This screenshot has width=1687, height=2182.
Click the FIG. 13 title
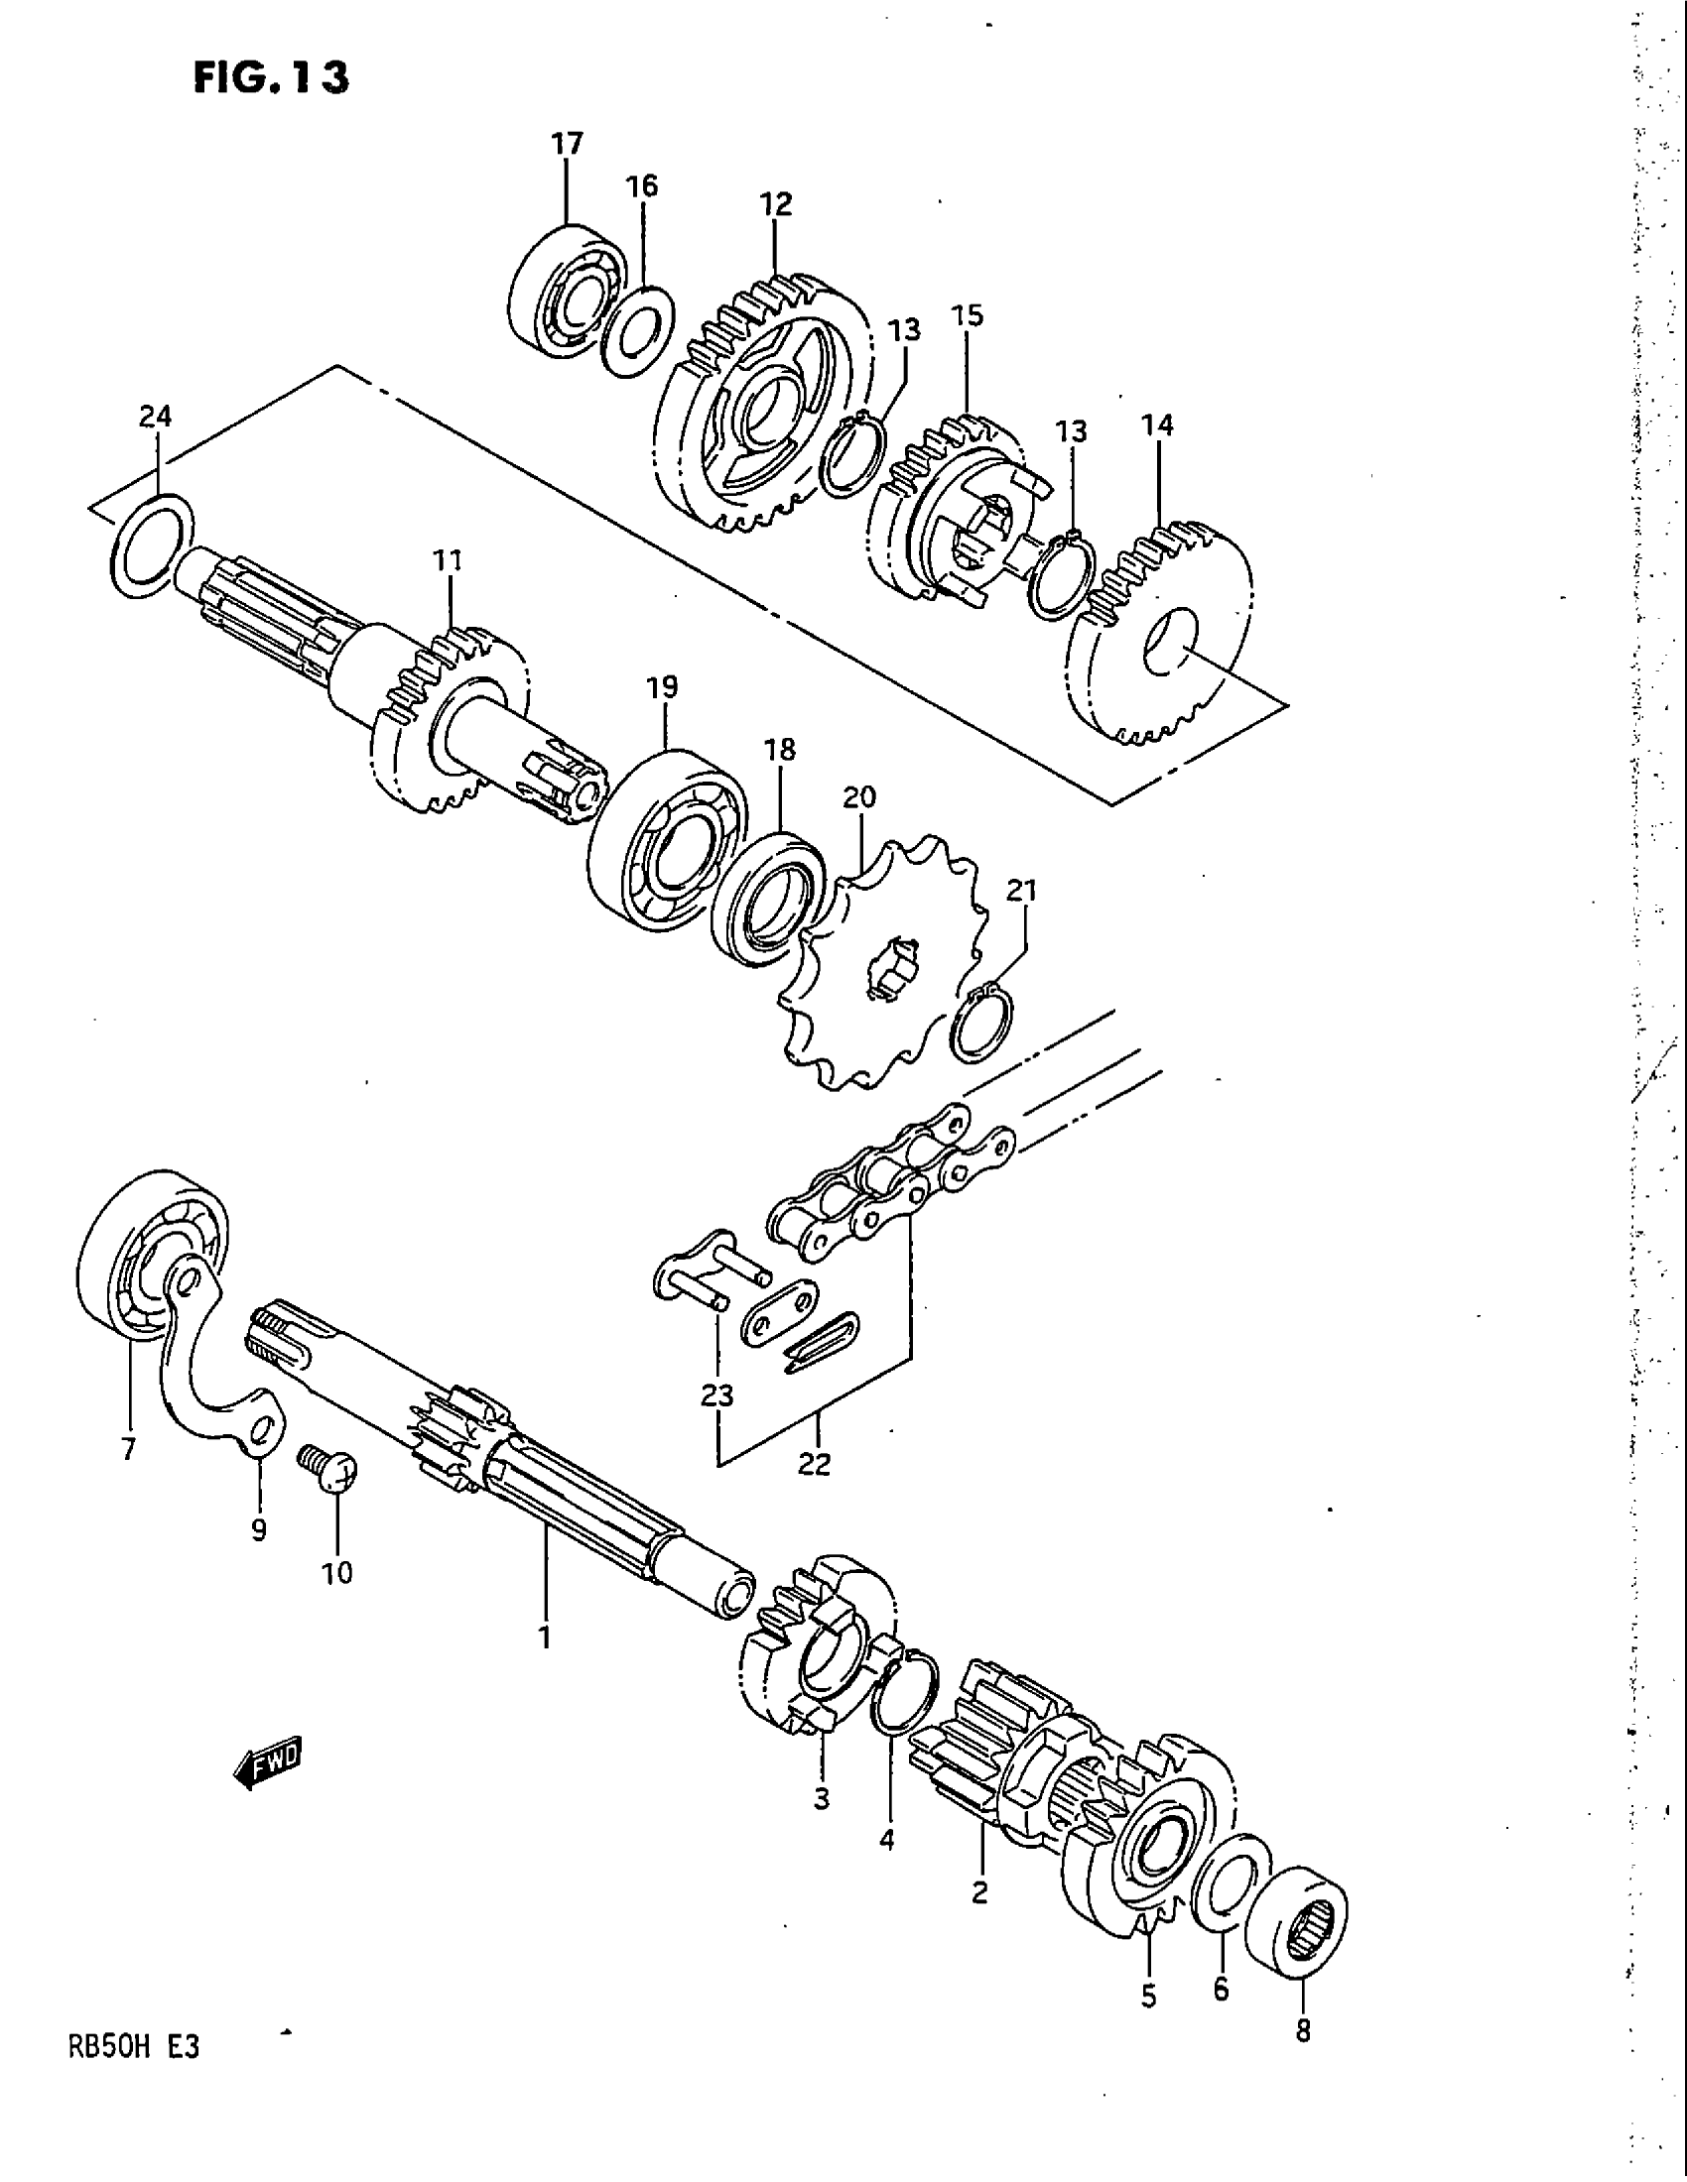[x=271, y=76]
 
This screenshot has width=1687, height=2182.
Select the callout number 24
[x=155, y=417]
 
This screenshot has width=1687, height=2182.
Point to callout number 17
[x=567, y=144]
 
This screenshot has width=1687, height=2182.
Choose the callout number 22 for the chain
[x=815, y=1465]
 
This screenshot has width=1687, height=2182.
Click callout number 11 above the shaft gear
[x=449, y=560]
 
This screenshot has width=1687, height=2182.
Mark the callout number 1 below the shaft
[x=545, y=1636]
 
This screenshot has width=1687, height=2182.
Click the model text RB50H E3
[x=133, y=2047]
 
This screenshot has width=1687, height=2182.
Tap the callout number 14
[x=1157, y=425]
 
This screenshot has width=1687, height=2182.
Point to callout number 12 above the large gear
[x=776, y=203]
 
